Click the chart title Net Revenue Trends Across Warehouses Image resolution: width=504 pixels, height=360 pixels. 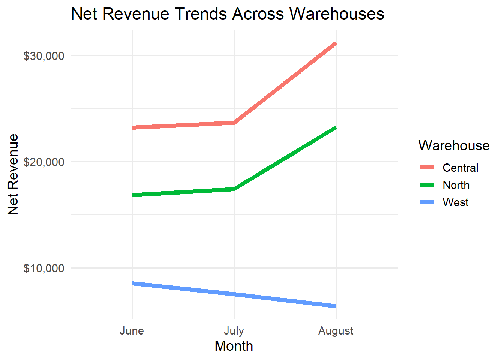coord(228,14)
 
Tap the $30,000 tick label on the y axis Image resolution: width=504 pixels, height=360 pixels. coord(44,56)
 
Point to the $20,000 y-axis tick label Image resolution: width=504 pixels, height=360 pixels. coord(44,162)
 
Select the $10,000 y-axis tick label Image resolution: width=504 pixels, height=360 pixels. coord(44,268)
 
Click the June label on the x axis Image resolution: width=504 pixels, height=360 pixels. coord(132,331)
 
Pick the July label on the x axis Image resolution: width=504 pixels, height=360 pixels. coord(234,331)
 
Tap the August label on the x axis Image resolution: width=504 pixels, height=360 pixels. coord(336,331)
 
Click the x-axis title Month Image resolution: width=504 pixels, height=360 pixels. coord(234,346)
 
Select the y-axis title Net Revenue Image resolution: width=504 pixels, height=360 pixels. coord(13,174)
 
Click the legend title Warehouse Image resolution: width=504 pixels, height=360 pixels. coord(454,145)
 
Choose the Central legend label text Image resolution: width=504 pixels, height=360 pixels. coord(460,168)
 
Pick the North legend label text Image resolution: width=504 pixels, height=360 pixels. coord(456,185)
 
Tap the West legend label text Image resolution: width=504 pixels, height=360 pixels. coord(456,202)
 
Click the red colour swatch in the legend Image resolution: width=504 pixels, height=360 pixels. coord(427,167)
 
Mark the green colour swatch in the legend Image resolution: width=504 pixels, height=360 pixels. coord(427,184)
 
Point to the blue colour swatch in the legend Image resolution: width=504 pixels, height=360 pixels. coord(427,202)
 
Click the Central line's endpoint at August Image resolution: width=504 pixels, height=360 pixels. coord(336,44)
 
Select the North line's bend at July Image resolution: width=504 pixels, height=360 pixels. coord(234,189)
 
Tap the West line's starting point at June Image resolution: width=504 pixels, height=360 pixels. coord(132,283)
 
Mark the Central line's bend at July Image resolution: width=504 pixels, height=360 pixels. coord(234,123)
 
